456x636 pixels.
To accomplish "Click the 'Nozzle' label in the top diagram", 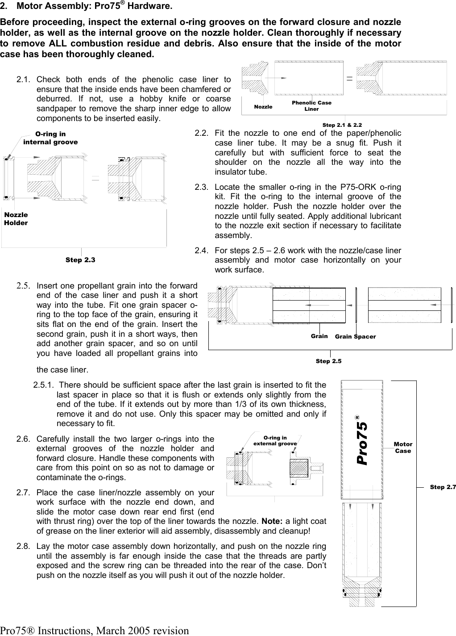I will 263,107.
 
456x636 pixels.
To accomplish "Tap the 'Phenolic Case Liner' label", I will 311,106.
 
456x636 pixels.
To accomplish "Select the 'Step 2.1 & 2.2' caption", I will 342,125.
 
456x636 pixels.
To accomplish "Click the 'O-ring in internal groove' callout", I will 50,138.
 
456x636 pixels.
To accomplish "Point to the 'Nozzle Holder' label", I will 16,219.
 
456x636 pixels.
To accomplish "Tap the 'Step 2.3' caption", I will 80,259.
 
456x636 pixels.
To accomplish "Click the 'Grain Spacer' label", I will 355,336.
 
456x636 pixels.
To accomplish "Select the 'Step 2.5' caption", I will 328,361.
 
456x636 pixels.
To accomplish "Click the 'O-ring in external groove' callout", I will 275,441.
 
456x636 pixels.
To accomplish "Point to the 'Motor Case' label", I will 403,448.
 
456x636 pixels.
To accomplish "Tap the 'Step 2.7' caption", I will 443,487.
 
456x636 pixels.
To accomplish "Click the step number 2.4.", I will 201,251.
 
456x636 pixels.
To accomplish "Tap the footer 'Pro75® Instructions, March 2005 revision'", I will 95,630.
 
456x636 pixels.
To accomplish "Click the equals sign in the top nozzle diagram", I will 349,77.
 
